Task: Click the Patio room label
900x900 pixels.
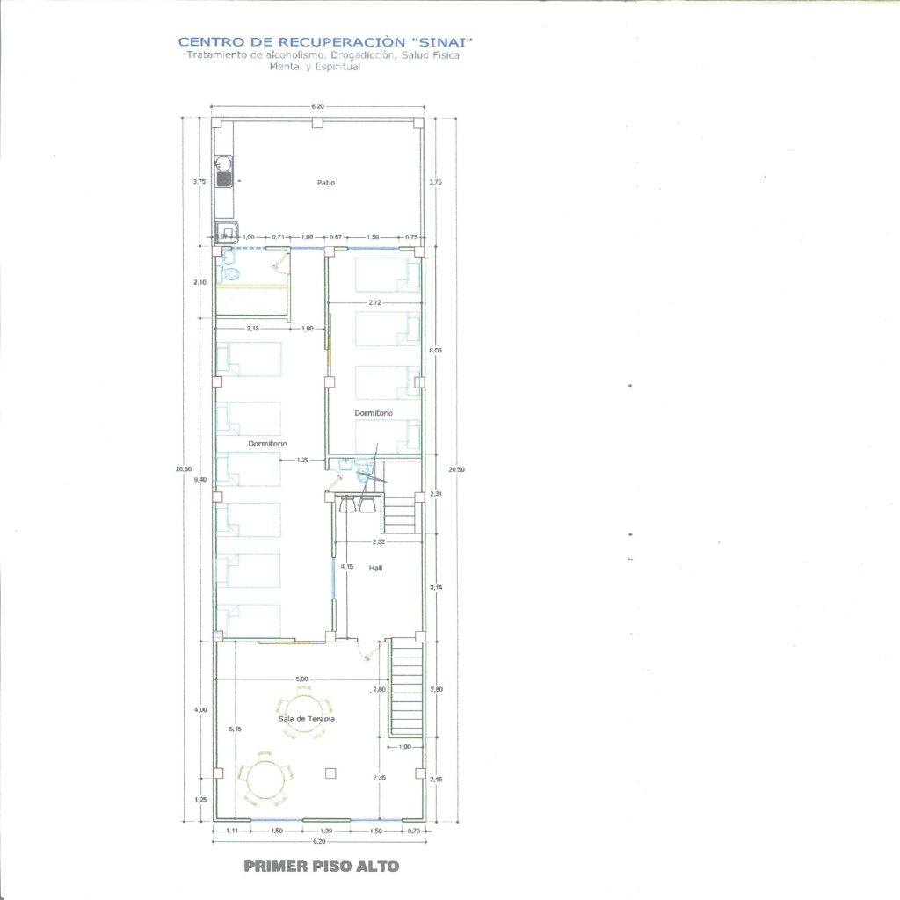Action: click(326, 183)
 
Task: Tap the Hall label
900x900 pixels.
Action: click(375, 568)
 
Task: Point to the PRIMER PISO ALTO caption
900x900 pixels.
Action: click(321, 867)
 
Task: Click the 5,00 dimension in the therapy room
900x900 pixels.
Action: click(301, 679)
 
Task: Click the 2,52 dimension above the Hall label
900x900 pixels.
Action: click(380, 541)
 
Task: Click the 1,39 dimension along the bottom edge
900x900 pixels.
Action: click(326, 831)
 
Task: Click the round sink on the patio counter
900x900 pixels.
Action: click(223, 163)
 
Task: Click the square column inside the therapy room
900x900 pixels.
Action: click(330, 773)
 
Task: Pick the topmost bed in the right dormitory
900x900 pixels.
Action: click(387, 275)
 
